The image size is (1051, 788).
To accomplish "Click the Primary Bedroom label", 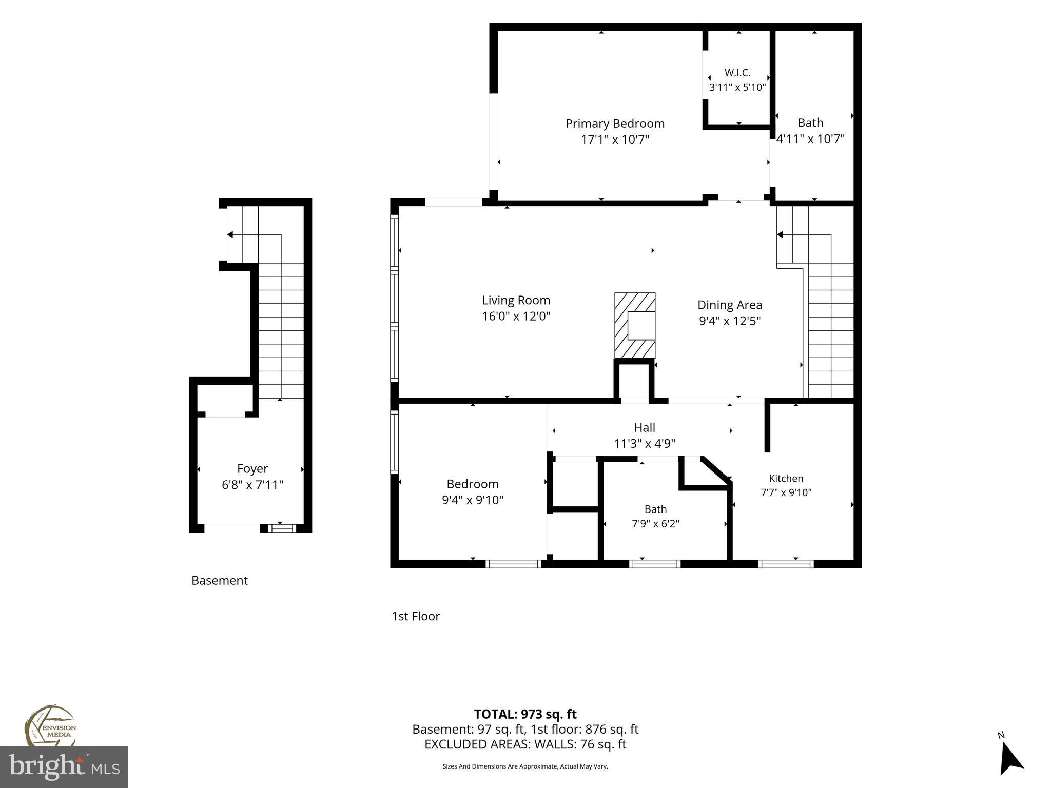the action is [x=615, y=124].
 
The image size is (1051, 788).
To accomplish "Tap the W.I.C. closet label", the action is [x=737, y=73].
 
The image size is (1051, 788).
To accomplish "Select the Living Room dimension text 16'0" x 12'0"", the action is [x=516, y=316].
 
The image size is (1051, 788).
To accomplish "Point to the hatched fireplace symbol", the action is [x=635, y=325].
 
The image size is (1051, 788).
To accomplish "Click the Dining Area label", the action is [x=730, y=305].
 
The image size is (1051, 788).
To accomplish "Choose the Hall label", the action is [x=645, y=427].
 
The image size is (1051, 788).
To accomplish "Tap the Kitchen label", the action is [x=786, y=479].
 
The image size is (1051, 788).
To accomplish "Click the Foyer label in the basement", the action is [x=252, y=469].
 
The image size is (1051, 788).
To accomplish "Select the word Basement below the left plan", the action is [x=220, y=580].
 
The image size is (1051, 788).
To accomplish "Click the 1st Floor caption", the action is [x=416, y=616].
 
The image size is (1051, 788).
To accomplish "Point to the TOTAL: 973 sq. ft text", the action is [x=525, y=714].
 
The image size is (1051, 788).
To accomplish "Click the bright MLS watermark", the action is [x=64, y=767].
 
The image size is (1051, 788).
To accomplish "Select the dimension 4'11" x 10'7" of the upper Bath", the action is [x=810, y=139].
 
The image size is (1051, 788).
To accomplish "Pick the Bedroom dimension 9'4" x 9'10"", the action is [x=473, y=500].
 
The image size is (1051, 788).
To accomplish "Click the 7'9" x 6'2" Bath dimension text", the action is [x=656, y=524].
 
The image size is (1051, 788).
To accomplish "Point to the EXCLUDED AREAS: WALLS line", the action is [x=525, y=744].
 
